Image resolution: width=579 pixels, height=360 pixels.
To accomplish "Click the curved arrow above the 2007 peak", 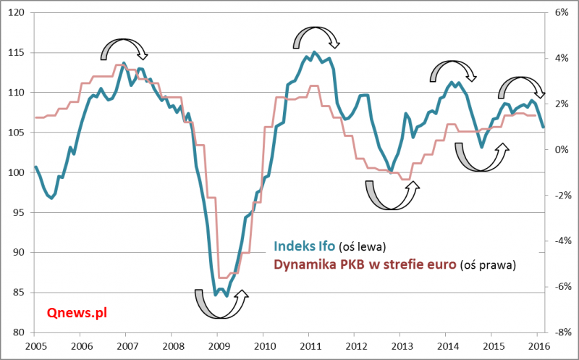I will (124, 48).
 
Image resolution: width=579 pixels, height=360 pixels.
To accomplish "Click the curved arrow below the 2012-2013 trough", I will (391, 196).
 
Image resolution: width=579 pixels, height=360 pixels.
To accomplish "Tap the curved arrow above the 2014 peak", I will (453, 70).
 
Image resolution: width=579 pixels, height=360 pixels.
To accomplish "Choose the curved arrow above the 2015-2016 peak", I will (520, 87).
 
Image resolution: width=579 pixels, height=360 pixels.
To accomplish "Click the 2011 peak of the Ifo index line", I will (314, 53).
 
